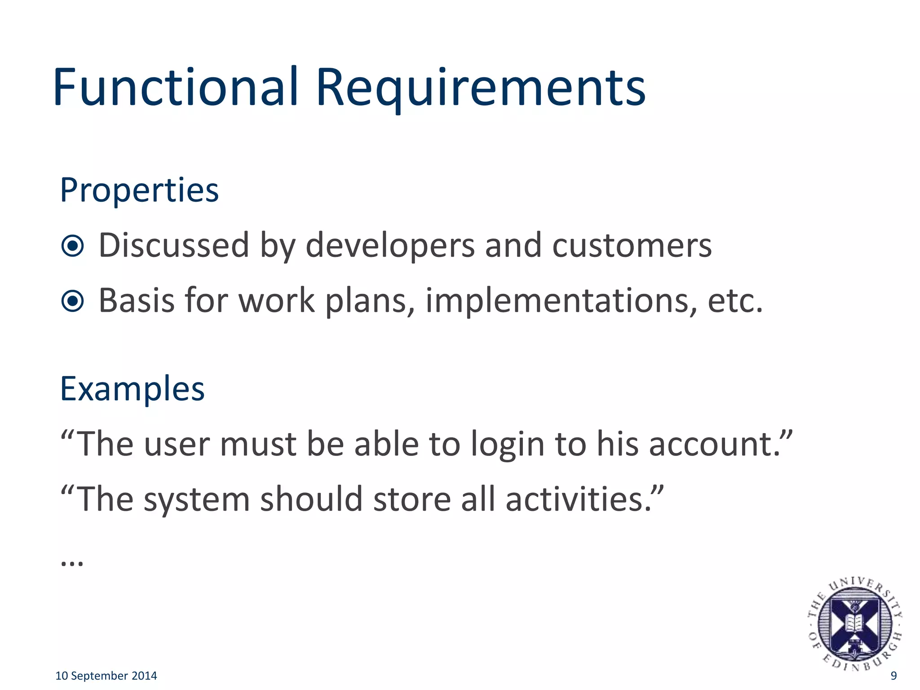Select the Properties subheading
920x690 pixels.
(139, 191)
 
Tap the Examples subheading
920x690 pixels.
(133, 389)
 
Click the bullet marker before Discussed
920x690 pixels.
(73, 246)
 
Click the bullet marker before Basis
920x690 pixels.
(73, 301)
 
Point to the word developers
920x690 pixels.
(390, 246)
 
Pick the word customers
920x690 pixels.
(632, 246)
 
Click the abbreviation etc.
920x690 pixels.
(735, 301)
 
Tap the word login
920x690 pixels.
(508, 445)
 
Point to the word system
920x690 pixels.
(196, 500)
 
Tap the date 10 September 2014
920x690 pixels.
(106, 676)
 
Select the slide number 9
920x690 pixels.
(893, 676)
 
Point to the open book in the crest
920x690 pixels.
(854, 623)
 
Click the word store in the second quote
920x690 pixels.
(412, 500)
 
